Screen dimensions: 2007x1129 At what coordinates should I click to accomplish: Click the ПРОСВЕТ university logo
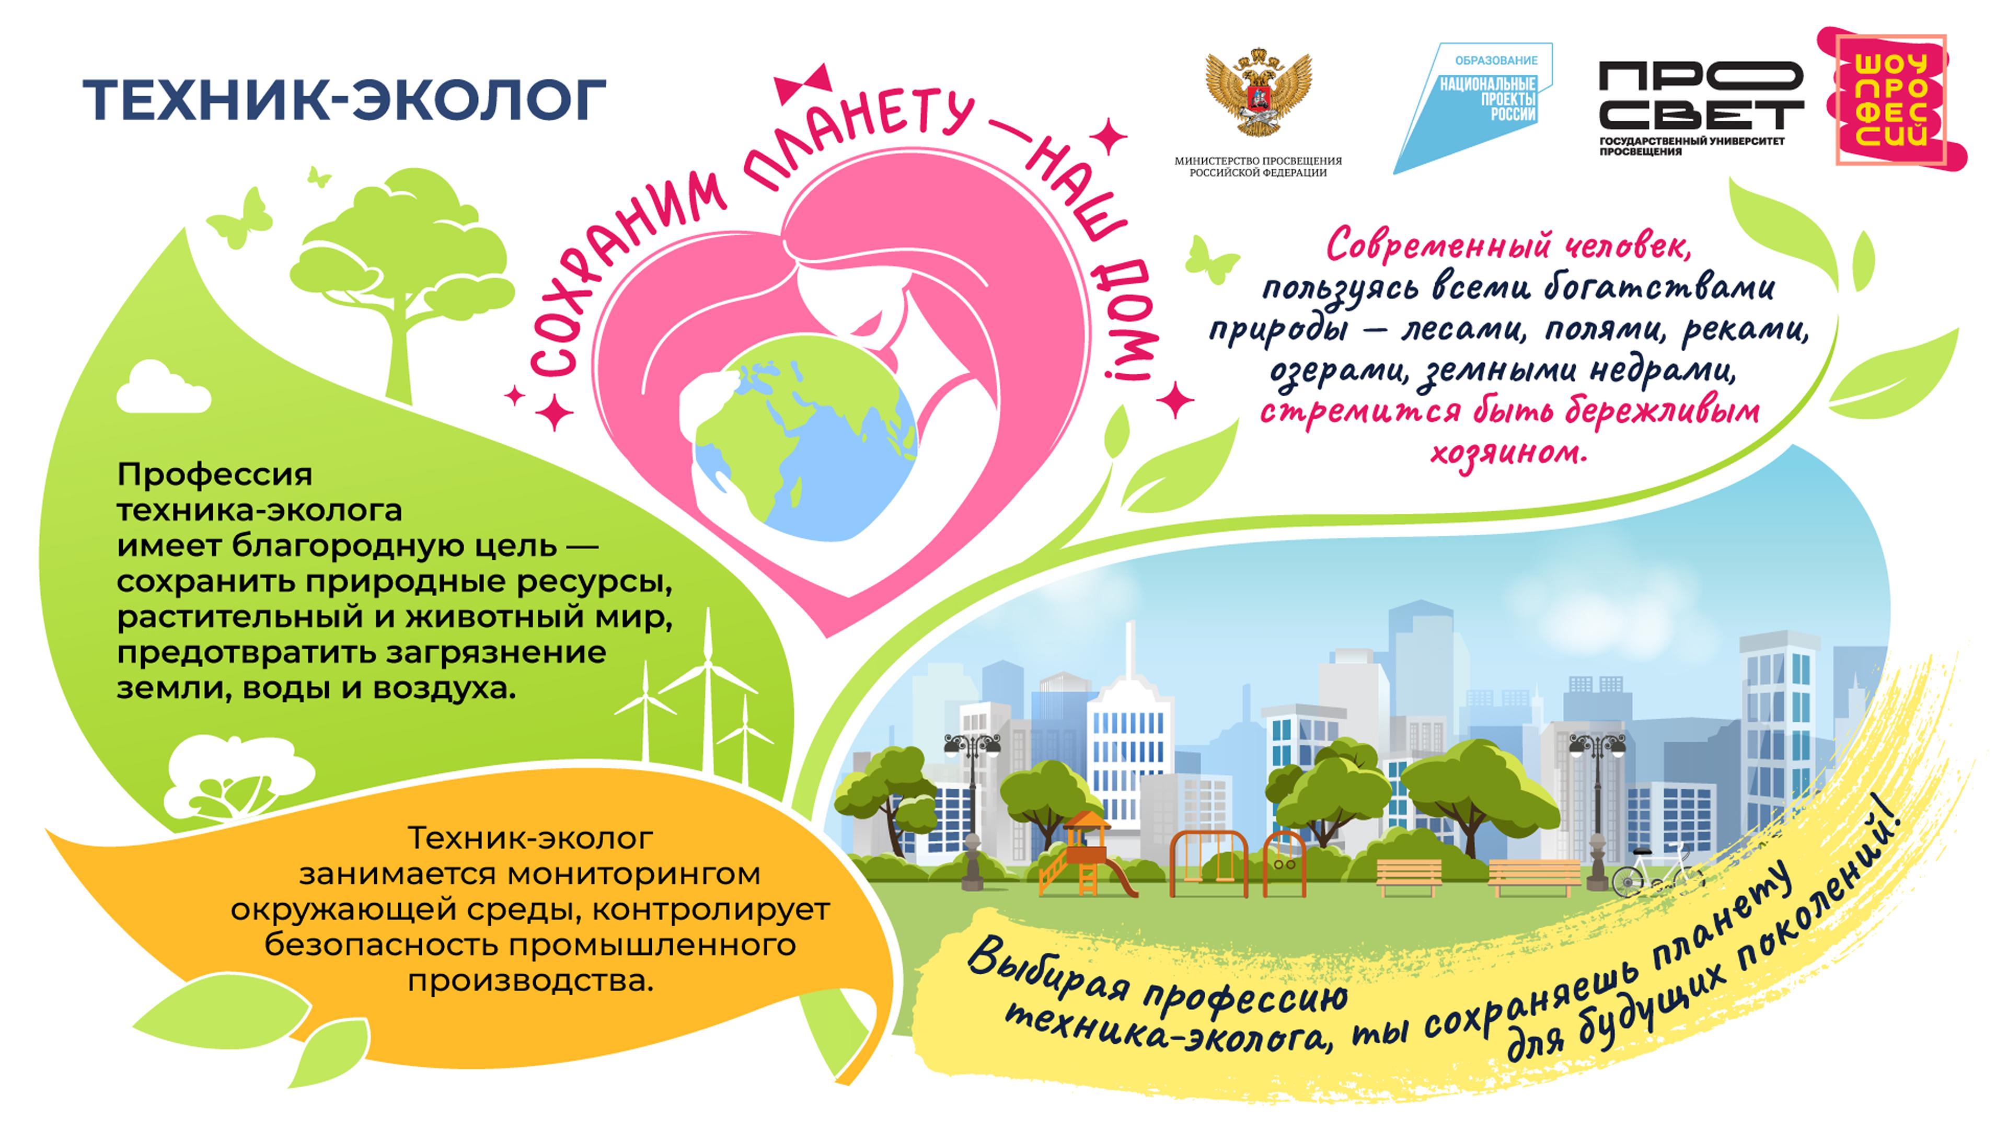(x=1701, y=108)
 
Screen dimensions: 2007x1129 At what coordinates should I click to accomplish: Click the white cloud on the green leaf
(x=164, y=387)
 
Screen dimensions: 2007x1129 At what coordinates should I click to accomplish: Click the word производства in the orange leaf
(x=530, y=982)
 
